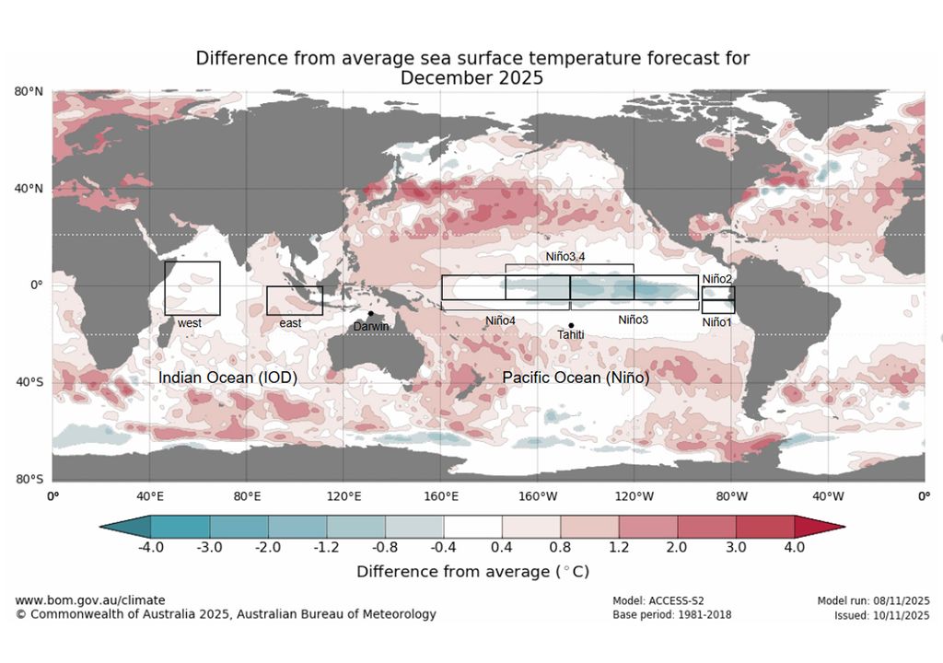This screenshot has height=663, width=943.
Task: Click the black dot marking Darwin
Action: (370, 313)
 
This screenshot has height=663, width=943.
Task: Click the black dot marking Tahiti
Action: (571, 325)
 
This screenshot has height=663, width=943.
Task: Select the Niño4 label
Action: (501, 320)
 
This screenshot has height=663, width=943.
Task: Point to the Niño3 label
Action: (634, 320)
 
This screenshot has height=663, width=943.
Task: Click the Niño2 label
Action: (716, 279)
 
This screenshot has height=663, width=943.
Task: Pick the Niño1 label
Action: (716, 322)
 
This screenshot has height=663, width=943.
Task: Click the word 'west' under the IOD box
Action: (190, 323)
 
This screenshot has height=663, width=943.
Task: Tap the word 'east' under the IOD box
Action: (290, 323)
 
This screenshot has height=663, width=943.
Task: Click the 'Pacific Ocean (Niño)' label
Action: (576, 378)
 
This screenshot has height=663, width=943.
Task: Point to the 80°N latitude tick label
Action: (29, 91)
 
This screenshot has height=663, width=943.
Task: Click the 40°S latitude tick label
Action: (29, 382)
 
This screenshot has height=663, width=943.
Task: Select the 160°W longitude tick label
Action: (537, 496)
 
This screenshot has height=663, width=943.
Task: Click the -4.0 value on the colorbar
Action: (151, 546)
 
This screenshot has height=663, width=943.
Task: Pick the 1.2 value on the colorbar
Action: (619, 546)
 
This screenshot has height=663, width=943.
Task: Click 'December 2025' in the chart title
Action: (471, 78)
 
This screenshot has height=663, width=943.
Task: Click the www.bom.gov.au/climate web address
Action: (90, 600)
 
